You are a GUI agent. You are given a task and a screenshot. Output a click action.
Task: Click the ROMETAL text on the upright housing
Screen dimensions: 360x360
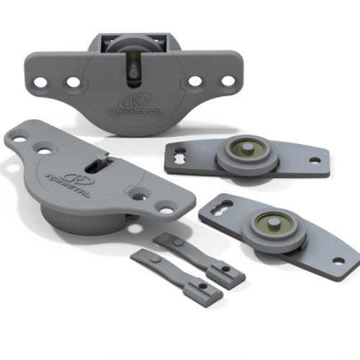[136, 112]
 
